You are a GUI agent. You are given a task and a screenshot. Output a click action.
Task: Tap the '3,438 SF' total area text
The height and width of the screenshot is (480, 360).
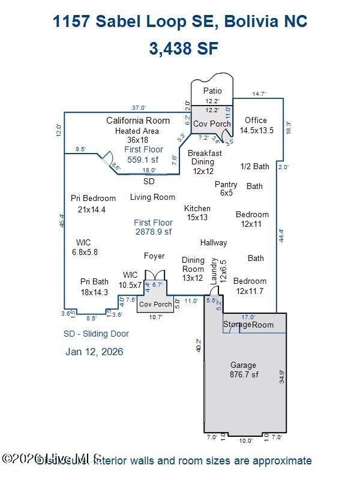(180, 48)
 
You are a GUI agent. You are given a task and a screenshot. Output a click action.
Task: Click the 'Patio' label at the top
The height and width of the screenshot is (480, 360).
(212, 91)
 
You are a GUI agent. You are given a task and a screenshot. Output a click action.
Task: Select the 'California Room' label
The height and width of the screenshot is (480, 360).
(138, 121)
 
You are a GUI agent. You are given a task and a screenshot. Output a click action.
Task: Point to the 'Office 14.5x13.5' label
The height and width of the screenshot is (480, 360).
(257, 125)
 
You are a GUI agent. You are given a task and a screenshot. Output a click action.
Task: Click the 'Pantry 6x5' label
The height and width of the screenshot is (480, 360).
(226, 188)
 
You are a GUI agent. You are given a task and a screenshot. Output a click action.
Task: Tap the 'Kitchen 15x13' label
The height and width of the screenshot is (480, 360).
(197, 212)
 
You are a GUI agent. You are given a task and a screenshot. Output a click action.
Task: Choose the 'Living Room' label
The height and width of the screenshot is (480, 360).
(152, 197)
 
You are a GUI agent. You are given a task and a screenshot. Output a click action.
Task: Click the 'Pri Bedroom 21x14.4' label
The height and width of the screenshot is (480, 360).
(92, 203)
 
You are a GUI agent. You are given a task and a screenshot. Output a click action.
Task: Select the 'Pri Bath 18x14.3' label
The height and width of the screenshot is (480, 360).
(94, 286)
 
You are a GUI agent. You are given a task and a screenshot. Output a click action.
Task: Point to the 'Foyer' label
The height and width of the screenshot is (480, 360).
(154, 256)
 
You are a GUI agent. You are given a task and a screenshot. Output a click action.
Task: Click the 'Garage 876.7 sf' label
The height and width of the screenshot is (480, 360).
(243, 370)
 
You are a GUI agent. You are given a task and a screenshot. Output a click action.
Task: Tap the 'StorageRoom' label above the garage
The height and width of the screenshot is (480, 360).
(248, 325)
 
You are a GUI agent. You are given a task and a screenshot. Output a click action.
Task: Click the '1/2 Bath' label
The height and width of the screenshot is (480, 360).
(254, 166)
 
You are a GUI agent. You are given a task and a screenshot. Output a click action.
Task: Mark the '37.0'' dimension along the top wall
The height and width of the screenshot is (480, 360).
(139, 107)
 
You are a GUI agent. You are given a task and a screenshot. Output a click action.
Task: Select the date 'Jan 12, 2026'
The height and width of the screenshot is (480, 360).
(94, 352)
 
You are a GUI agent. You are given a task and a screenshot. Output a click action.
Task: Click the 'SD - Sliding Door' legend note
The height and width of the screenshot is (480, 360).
(96, 334)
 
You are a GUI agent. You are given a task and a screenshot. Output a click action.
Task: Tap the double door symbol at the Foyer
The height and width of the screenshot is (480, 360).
(155, 277)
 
